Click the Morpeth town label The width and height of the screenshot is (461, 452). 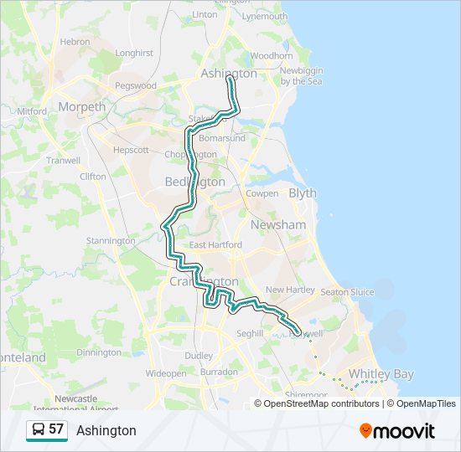82,106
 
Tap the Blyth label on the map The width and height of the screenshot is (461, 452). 303,193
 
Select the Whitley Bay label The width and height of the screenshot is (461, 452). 381,374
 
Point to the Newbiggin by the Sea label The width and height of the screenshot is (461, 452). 302,75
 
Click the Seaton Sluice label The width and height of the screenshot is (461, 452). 347,291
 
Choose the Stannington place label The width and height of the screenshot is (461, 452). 111,241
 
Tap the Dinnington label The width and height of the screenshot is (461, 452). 99,352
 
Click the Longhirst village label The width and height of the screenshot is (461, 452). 134,53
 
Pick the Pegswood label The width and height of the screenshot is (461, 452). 135,85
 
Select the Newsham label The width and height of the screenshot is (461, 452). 277,225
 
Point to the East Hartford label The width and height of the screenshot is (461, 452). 215,245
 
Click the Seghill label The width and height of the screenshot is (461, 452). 250,333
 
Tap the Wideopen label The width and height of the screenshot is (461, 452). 166,373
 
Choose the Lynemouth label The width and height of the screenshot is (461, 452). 264,16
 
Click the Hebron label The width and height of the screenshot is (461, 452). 75,41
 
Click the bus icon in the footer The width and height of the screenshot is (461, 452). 38,430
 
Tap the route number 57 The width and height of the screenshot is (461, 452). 56,429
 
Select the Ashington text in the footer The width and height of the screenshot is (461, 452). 106,430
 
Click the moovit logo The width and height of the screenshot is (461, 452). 397,430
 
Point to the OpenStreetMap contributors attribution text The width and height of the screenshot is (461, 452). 322,403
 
